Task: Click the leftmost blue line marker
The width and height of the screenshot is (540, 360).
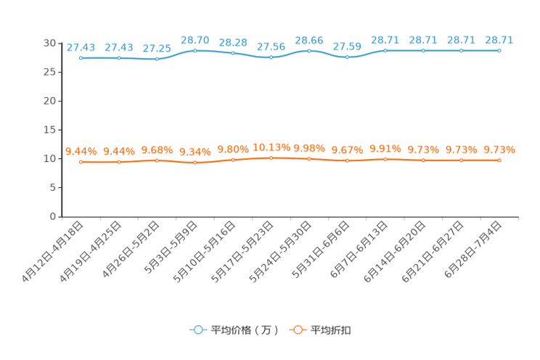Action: pyautogui.click(x=81, y=57)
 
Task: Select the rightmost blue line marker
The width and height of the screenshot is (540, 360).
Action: pyautogui.click(x=499, y=51)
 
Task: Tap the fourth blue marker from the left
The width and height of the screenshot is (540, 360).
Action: pyautogui.click(x=195, y=50)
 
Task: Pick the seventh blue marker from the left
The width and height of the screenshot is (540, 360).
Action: pyautogui.click(x=309, y=51)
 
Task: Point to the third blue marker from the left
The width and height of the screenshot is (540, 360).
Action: pyautogui.click(x=157, y=59)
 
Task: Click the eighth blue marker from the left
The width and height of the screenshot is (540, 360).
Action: pyautogui.click(x=348, y=57)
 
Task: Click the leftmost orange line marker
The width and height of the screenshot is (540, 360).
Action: pyautogui.click(x=81, y=161)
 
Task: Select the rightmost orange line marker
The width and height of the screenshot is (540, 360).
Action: pyautogui.click(x=499, y=160)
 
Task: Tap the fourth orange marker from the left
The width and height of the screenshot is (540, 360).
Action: pyautogui.click(x=195, y=163)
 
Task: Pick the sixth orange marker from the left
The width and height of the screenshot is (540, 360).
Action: pyautogui.click(x=271, y=157)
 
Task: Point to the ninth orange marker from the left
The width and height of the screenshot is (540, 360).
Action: pyautogui.click(x=385, y=158)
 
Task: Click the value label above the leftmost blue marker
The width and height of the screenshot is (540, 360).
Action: pyautogui.click(x=81, y=47)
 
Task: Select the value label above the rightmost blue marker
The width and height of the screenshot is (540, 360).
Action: pyautogui.click(x=499, y=41)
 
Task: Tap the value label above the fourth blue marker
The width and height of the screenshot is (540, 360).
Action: pyautogui.click(x=195, y=40)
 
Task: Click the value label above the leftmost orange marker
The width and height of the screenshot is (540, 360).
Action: pyautogui.click(x=81, y=151)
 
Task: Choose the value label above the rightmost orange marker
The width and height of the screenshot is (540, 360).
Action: pyautogui.click(x=499, y=150)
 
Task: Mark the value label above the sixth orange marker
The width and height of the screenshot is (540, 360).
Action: pyautogui.click(x=271, y=147)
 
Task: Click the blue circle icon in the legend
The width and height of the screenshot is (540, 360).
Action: pyautogui.click(x=197, y=329)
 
